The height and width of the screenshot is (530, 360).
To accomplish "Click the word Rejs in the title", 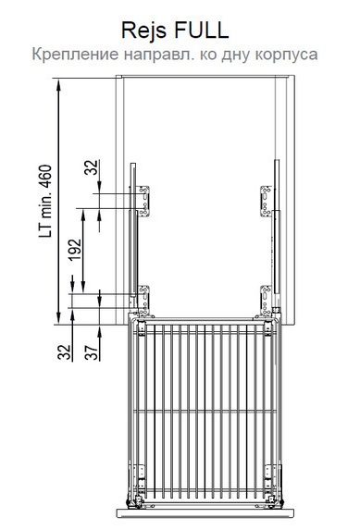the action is click(x=143, y=31).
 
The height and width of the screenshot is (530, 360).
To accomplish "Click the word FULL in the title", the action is click(x=202, y=30).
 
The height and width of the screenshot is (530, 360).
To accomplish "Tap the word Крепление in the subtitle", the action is click(x=76, y=55).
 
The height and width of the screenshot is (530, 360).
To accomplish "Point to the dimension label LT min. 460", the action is click(x=45, y=201).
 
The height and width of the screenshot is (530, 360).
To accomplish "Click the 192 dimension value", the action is click(x=75, y=250).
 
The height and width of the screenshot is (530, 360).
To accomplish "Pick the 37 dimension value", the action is click(x=92, y=351).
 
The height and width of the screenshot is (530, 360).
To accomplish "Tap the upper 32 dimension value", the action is click(x=92, y=167).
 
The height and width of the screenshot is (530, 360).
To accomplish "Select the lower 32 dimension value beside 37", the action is click(x=64, y=351).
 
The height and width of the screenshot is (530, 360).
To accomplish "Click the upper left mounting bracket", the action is click(x=143, y=201).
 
